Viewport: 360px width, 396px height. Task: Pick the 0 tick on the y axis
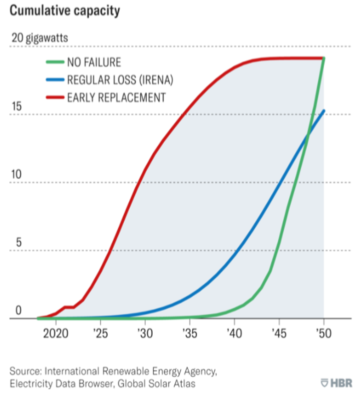coord(18,311)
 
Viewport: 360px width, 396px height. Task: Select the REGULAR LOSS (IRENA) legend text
coord(123,80)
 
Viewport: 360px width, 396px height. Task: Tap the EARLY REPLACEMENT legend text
coord(116,97)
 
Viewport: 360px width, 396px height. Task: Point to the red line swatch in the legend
coord(54,97)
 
